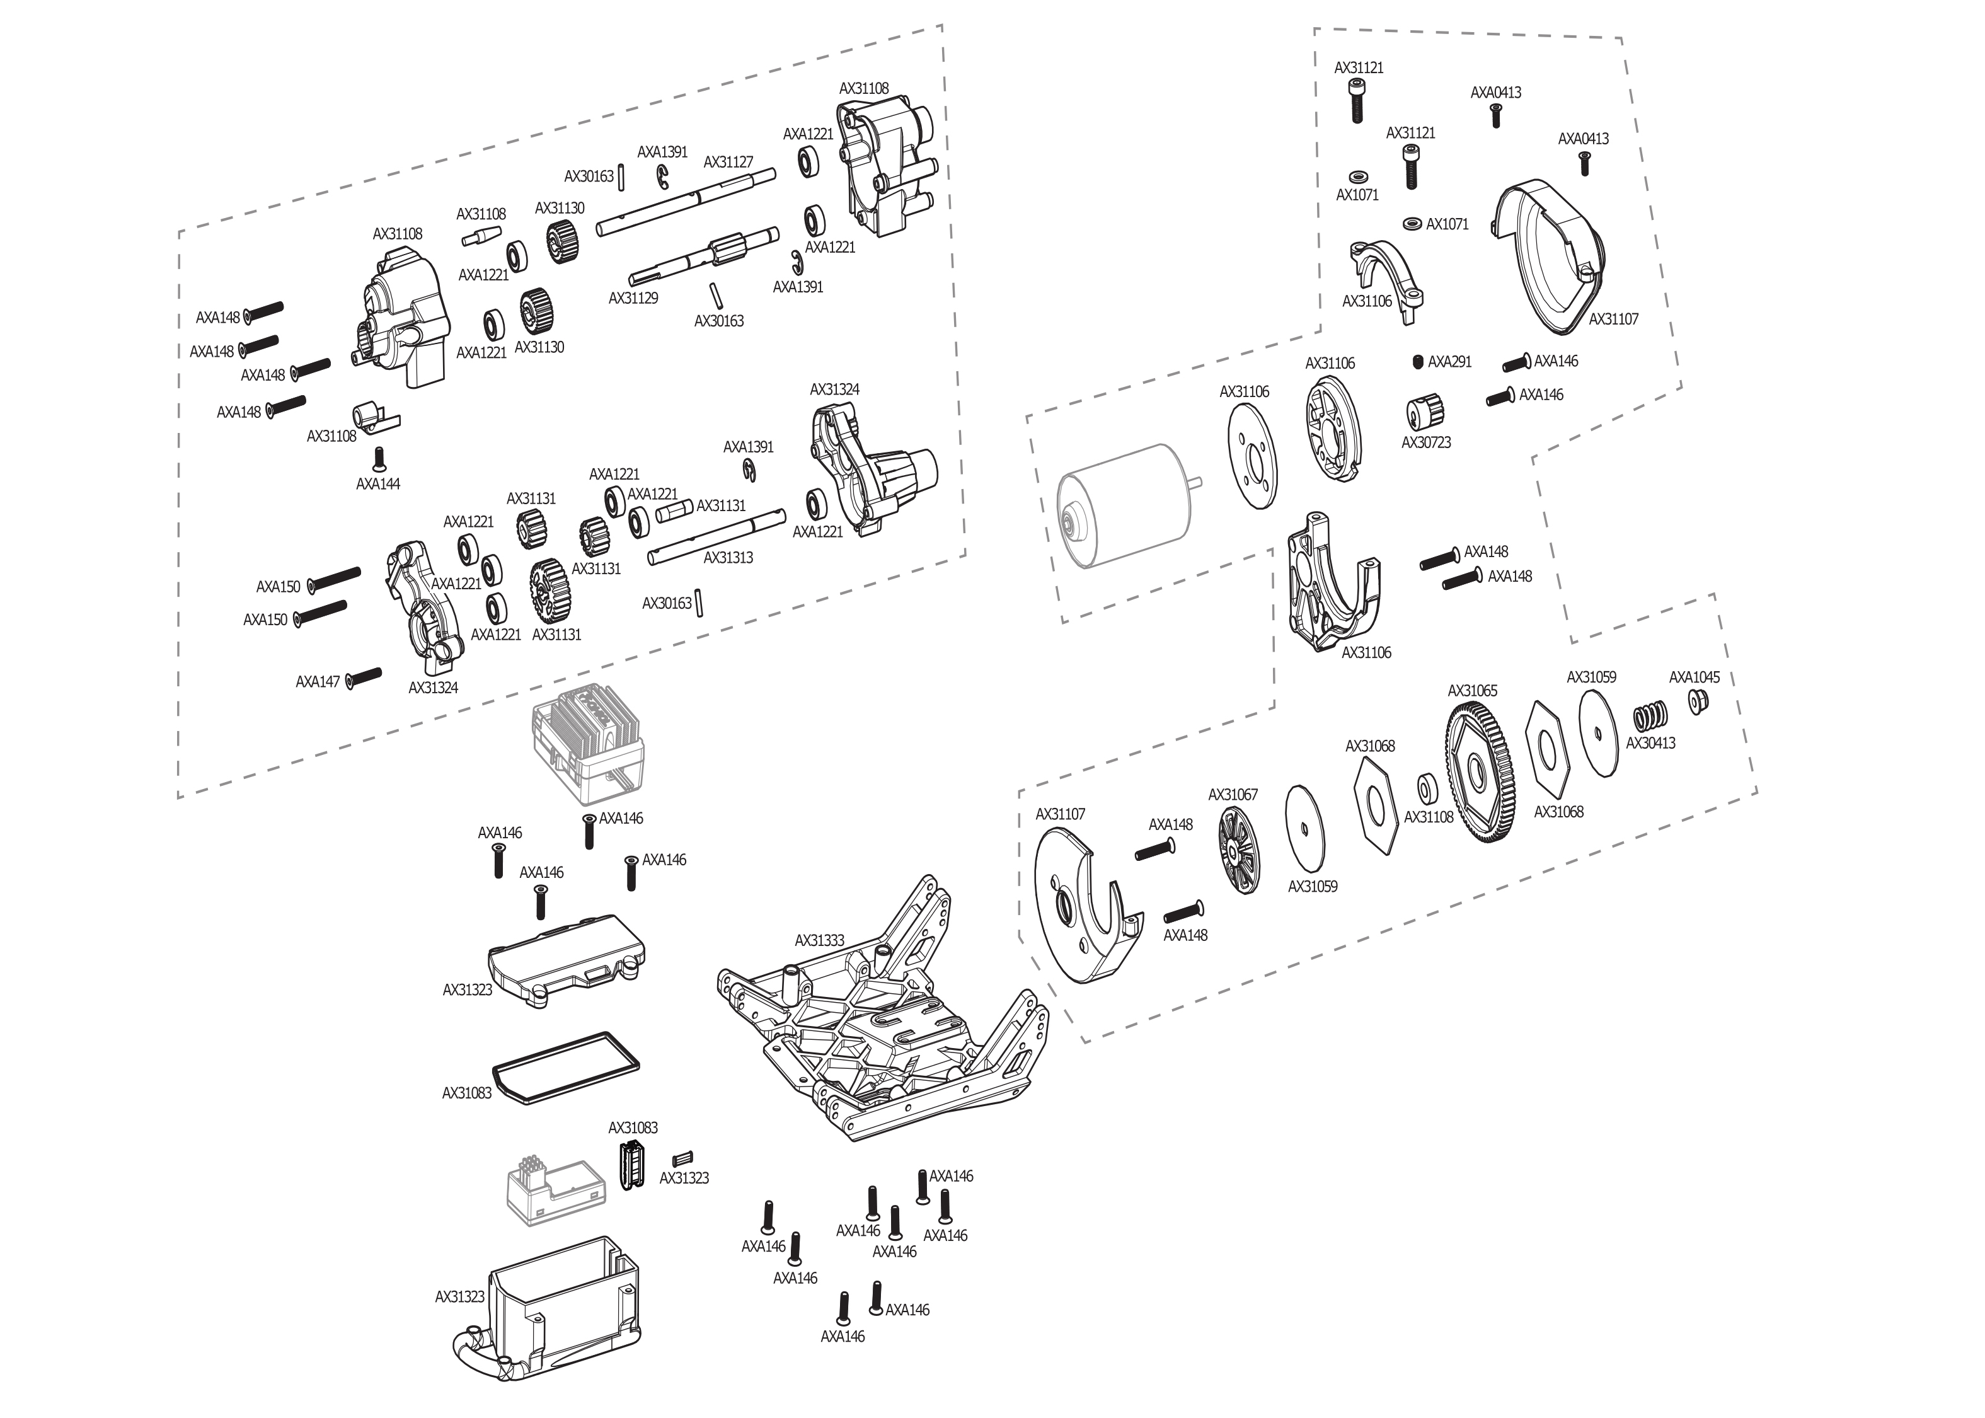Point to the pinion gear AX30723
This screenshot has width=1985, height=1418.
coord(1425,413)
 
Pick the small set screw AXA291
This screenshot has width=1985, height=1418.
coord(1418,362)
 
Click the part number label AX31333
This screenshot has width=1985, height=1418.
coord(819,940)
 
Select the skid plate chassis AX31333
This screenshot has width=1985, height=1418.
coord(882,1039)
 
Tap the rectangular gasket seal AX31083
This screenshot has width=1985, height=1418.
coord(566,1067)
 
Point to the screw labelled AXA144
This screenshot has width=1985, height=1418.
coord(379,458)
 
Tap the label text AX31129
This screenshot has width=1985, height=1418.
coord(633,297)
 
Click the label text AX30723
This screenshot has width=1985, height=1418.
coord(1425,442)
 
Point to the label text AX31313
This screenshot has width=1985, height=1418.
coord(728,558)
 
